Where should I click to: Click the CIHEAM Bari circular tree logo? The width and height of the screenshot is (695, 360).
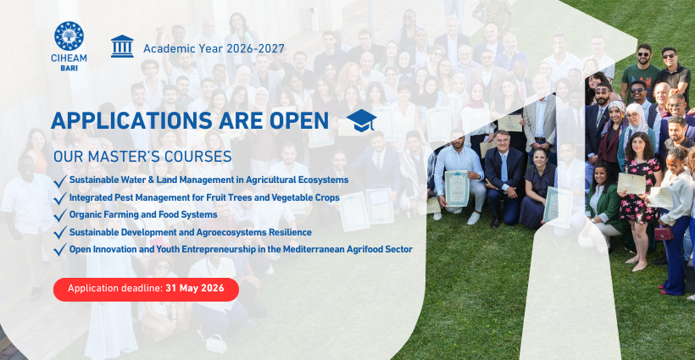[69, 36]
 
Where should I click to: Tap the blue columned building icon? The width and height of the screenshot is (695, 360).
[122, 47]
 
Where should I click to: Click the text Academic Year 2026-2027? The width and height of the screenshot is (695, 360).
[214, 49]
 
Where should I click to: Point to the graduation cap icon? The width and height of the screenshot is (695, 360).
[361, 120]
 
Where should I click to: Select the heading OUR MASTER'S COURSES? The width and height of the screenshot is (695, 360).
[142, 157]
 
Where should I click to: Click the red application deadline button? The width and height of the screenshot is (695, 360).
[146, 289]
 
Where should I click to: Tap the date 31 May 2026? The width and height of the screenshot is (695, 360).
[195, 289]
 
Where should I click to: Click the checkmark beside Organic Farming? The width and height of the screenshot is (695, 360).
[60, 215]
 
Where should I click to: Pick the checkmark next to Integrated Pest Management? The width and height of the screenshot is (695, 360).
[60, 198]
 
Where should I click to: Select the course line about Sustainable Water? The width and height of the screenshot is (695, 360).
[208, 180]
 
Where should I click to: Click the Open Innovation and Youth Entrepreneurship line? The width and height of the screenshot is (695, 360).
[241, 249]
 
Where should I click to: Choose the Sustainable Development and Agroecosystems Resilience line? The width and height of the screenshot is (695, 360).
[190, 232]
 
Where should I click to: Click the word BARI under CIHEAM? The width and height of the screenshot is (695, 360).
[69, 69]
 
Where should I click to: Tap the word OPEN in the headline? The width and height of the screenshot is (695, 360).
[299, 121]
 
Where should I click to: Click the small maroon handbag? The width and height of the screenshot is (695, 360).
[664, 233]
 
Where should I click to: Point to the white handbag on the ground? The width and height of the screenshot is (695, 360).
[216, 343]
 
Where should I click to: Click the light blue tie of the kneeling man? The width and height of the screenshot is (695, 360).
[504, 168]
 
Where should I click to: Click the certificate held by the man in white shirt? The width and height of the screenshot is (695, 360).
[457, 189]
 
